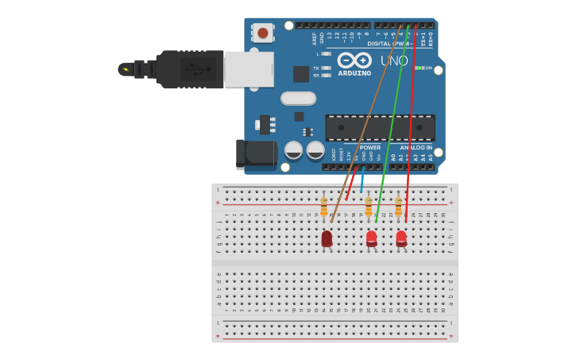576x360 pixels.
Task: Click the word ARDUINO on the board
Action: (354, 73)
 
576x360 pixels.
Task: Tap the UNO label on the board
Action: (394, 60)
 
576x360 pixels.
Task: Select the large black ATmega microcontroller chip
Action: (380, 127)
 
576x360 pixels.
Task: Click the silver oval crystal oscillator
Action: (298, 99)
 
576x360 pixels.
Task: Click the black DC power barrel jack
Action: (256, 153)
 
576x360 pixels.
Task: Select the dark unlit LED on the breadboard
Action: (327, 238)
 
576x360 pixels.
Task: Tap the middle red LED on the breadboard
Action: (371, 238)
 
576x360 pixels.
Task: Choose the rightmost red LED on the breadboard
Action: (401, 238)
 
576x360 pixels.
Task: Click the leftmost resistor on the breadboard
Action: (323, 207)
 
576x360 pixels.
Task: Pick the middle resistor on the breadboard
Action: (368, 207)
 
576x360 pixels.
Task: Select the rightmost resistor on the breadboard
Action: (398, 207)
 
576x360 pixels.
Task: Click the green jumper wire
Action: (393, 119)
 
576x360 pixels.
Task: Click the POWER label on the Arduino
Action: (369, 147)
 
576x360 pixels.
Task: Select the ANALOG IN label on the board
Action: (416, 147)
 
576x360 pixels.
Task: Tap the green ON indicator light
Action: (419, 68)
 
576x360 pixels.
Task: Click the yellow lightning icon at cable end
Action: (125, 69)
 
